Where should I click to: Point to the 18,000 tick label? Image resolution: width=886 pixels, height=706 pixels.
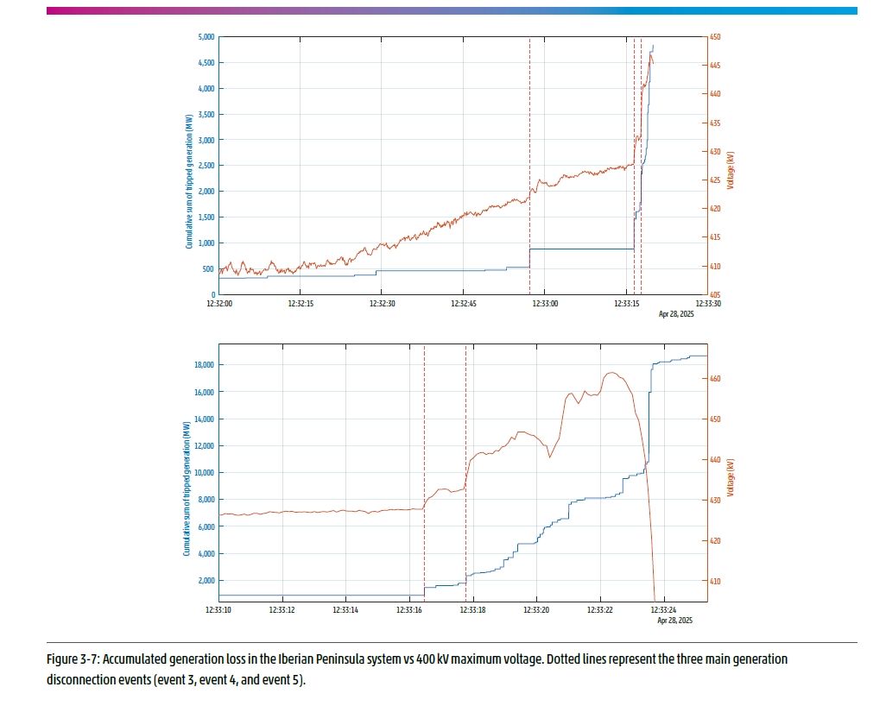coord(204,365)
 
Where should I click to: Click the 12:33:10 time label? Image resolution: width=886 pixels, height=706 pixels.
coord(218,611)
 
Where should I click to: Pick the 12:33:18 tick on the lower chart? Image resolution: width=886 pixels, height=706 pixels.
coord(472,611)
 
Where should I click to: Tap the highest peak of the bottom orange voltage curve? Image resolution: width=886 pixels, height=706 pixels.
coord(611,373)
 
